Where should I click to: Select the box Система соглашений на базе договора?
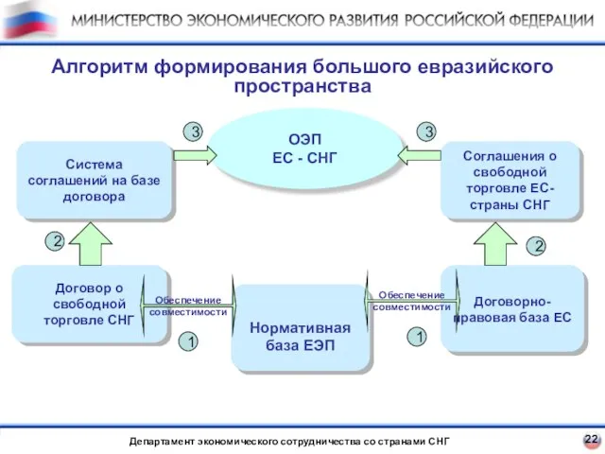pos(95,181)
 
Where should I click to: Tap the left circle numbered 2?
pos(56,242)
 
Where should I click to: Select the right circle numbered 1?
pos(416,336)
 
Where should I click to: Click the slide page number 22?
pos(590,439)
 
